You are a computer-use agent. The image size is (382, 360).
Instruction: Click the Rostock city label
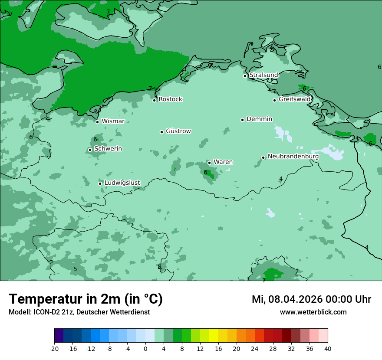click(x=170, y=99)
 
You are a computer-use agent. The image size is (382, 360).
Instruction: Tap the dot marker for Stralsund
click(x=245, y=76)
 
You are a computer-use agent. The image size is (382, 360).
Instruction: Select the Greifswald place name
click(x=295, y=99)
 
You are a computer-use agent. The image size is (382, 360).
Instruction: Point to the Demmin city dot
click(x=242, y=120)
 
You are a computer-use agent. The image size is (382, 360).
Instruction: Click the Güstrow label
click(x=178, y=131)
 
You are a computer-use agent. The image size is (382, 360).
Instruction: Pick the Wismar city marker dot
click(x=97, y=122)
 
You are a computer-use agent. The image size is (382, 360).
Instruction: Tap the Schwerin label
click(x=108, y=149)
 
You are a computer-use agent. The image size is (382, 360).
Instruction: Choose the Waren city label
click(x=223, y=162)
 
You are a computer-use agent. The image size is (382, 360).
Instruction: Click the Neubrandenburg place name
click(x=293, y=157)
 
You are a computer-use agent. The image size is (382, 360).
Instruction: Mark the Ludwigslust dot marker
click(x=100, y=183)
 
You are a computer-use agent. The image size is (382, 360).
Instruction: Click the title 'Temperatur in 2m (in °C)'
click(x=86, y=299)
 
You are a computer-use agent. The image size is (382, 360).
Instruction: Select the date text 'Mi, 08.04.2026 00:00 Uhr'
click(x=311, y=299)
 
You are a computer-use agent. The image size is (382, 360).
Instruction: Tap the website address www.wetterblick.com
click(x=313, y=312)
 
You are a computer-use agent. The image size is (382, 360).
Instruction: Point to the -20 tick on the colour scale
click(x=54, y=348)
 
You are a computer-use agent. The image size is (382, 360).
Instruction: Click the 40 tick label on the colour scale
click(x=327, y=348)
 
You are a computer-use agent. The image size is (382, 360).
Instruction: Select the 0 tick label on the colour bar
click(x=145, y=348)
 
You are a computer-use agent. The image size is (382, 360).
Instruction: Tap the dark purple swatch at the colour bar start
click(x=59, y=336)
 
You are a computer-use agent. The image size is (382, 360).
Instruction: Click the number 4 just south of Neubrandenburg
click(x=281, y=179)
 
